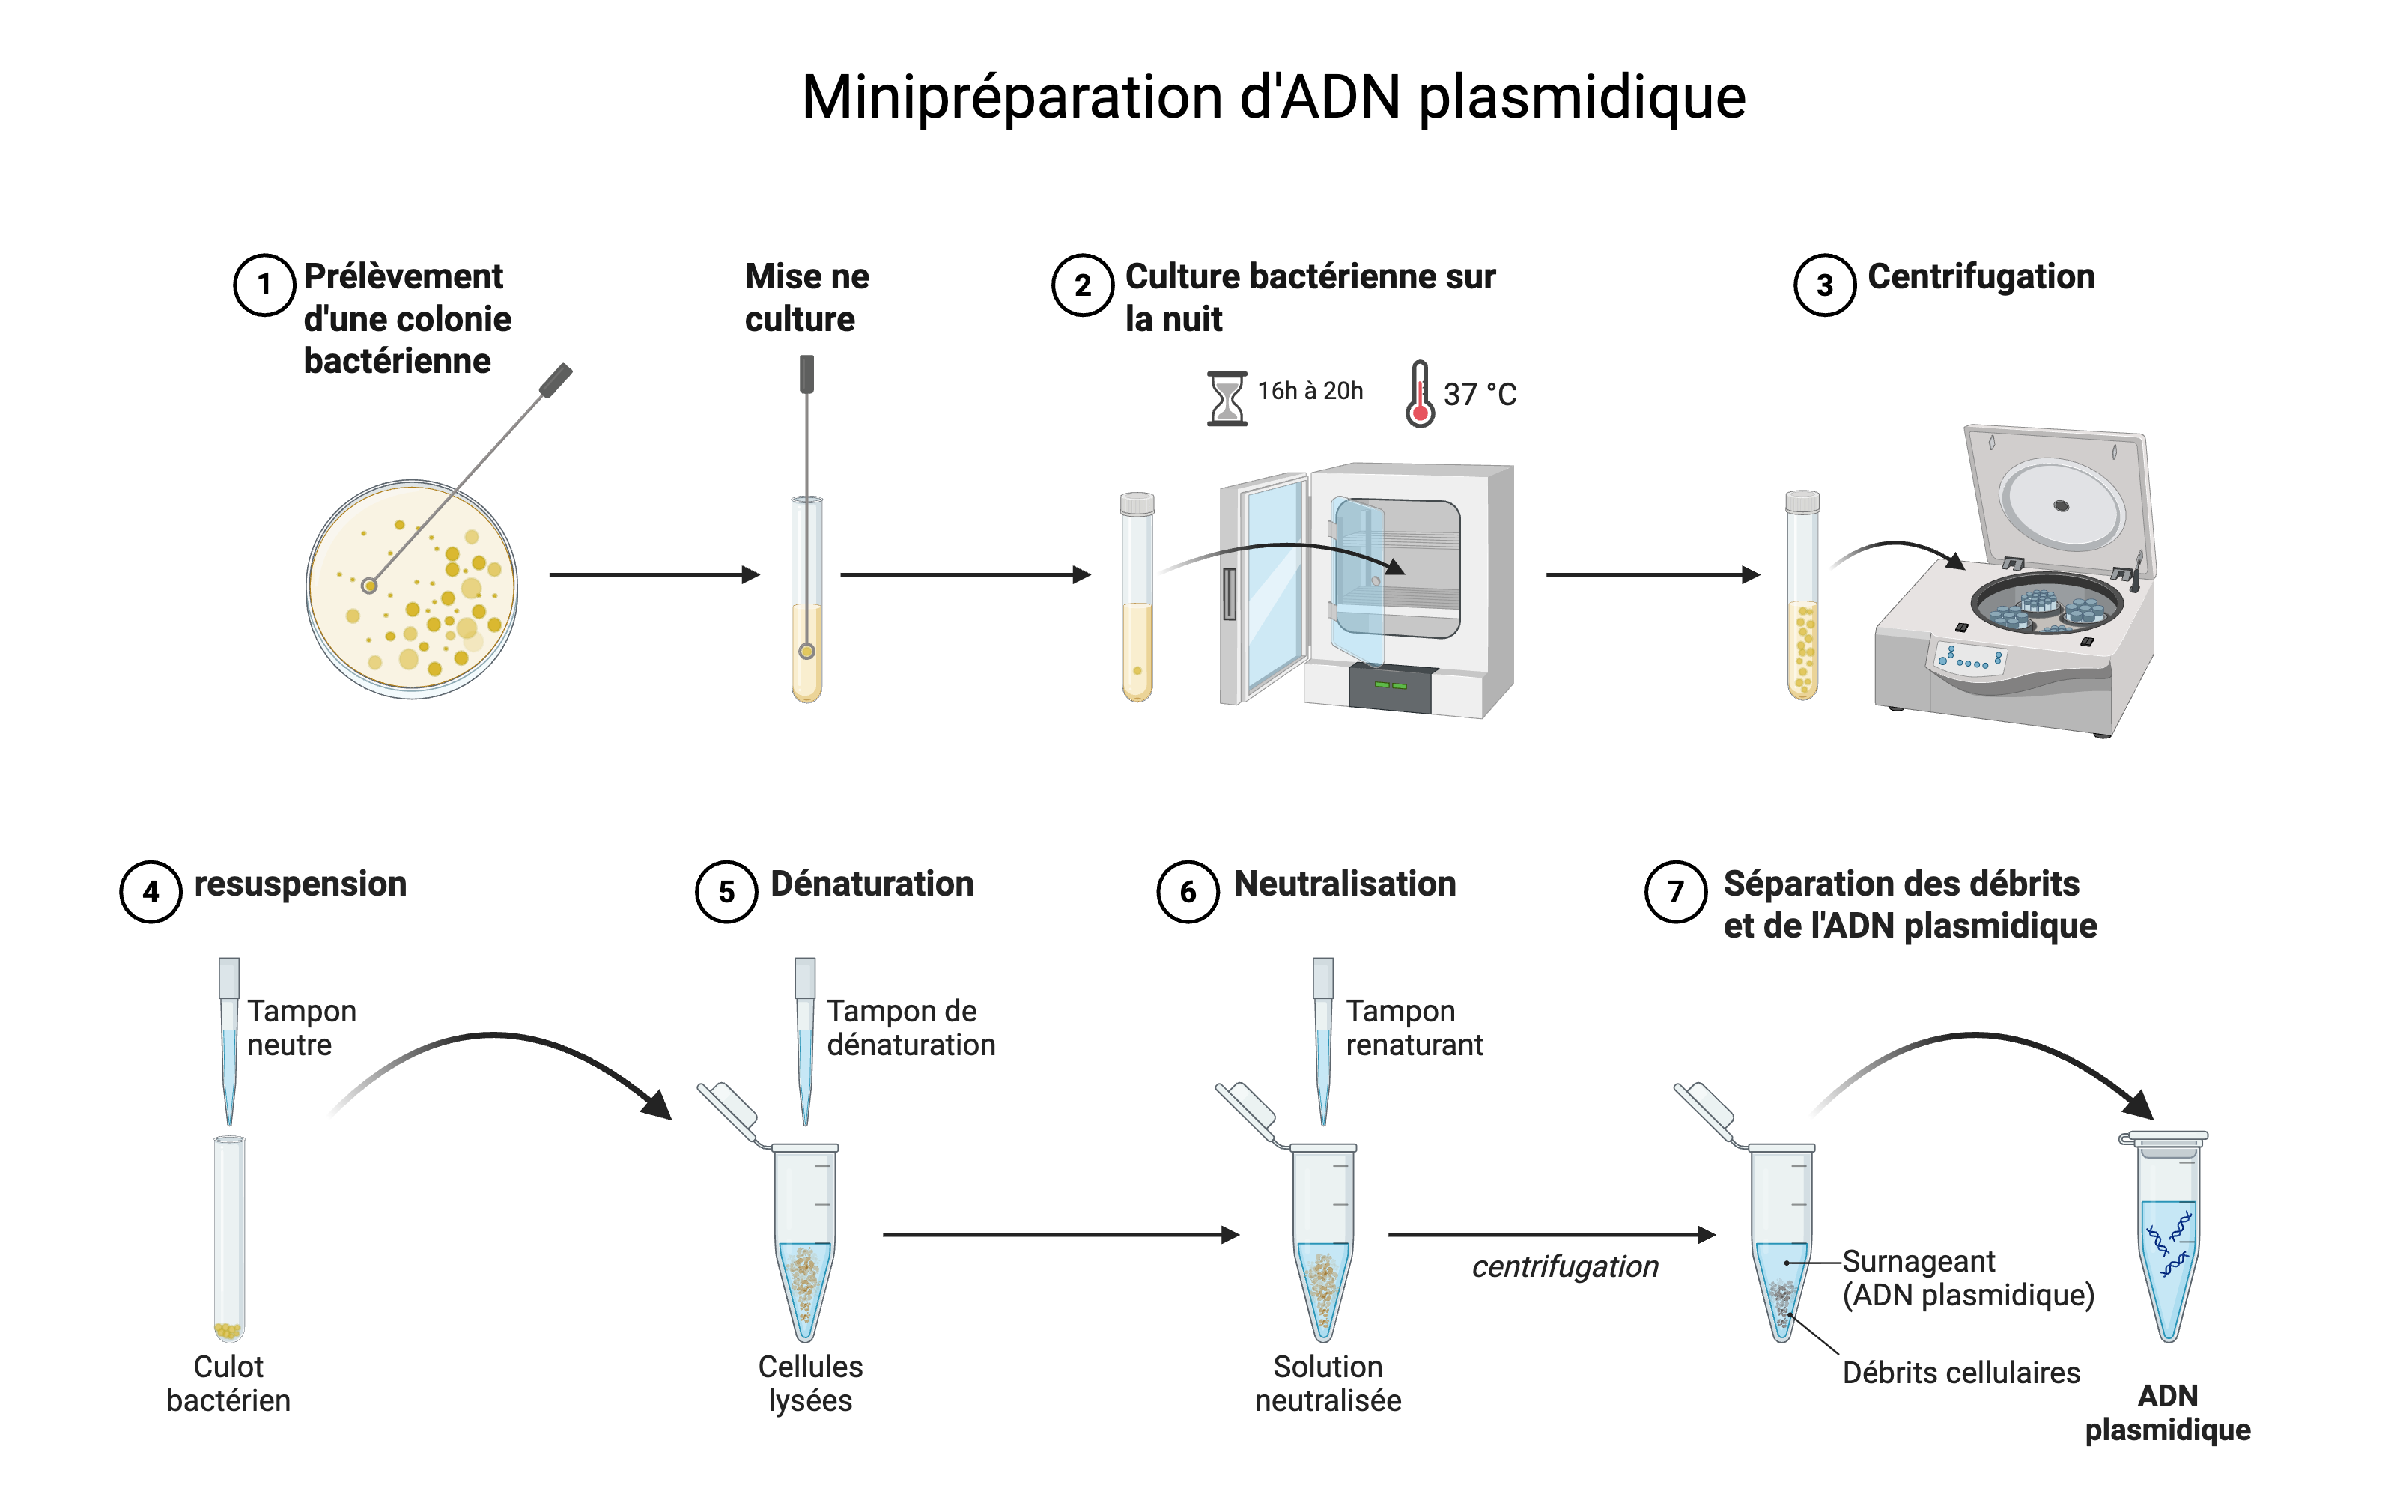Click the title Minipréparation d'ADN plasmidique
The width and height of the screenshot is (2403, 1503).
coord(1273,97)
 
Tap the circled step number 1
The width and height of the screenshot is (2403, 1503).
coord(264,285)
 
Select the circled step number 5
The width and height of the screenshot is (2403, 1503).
coord(726,892)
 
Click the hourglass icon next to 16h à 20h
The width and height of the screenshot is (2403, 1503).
coord(1227,398)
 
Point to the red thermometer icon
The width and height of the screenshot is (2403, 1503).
coord(1420,395)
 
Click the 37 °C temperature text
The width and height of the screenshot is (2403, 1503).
coord(1480,395)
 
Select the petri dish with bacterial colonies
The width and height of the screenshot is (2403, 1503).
coord(411,589)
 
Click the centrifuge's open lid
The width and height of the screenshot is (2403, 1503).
coord(2057,497)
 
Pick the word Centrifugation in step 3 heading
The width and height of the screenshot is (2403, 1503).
coord(1981,276)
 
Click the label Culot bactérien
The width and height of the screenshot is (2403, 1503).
coord(228,1382)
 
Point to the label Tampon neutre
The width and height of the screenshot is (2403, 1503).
coord(301,1028)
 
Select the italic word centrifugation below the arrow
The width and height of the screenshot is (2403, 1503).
coord(1564,1266)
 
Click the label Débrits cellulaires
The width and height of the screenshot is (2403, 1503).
coord(1960,1373)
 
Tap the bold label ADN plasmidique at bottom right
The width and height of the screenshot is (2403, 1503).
coord(2167,1412)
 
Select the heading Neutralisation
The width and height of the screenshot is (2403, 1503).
coord(1345,884)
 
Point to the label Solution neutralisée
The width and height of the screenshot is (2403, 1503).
coord(1328,1382)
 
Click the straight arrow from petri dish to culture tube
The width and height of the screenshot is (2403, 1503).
coord(654,574)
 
